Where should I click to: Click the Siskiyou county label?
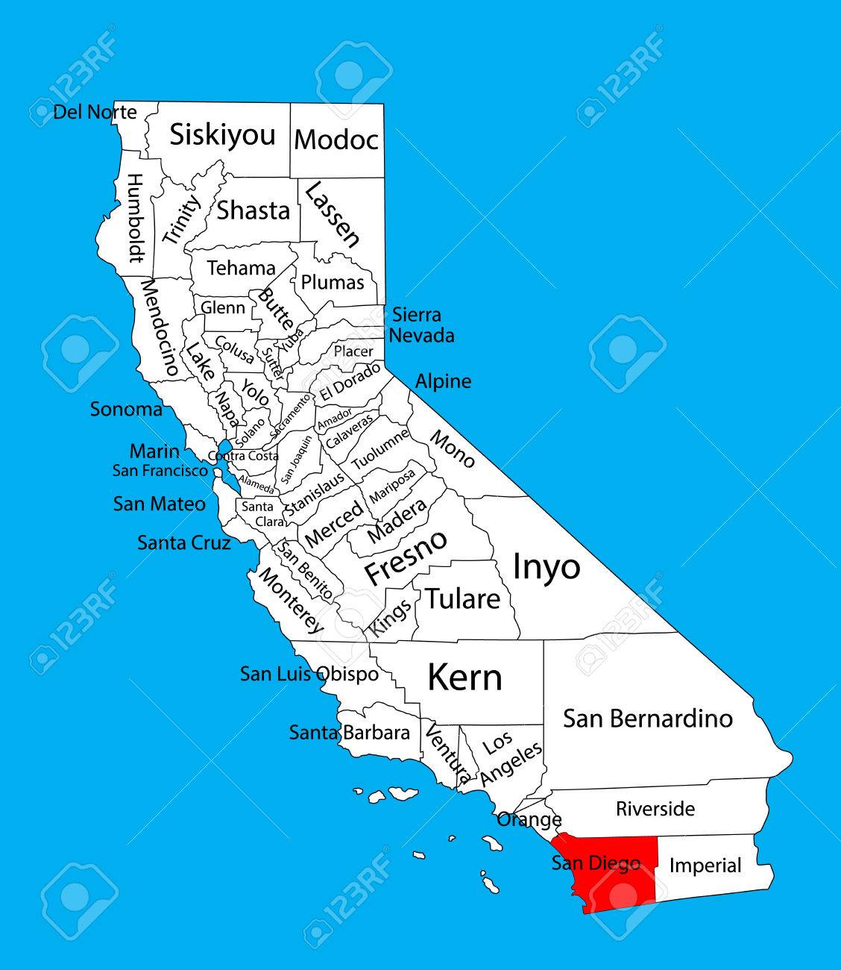[222, 136]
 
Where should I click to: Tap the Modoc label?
[336, 140]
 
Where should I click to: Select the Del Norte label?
[95, 113]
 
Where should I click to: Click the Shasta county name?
[253, 210]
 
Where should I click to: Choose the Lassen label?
[333, 213]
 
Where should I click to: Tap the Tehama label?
[241, 268]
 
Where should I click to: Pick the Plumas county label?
[333, 283]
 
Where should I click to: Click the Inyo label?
[546, 567]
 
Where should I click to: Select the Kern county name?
[464, 678]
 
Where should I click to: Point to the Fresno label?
[406, 557]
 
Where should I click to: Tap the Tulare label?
[462, 598]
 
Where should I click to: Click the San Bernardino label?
[648, 719]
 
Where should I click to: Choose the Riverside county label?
[655, 809]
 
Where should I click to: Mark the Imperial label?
[705, 866]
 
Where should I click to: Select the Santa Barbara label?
[350, 733]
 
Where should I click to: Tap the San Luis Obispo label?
[309, 674]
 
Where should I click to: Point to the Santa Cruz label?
[183, 542]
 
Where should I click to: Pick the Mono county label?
[452, 448]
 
